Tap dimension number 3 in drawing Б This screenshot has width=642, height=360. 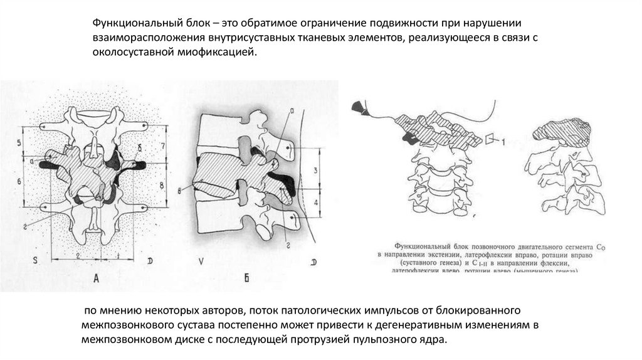click(x=317, y=170)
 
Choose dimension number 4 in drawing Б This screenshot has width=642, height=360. click(x=317, y=203)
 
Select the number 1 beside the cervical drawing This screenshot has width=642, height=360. click(x=503, y=144)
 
